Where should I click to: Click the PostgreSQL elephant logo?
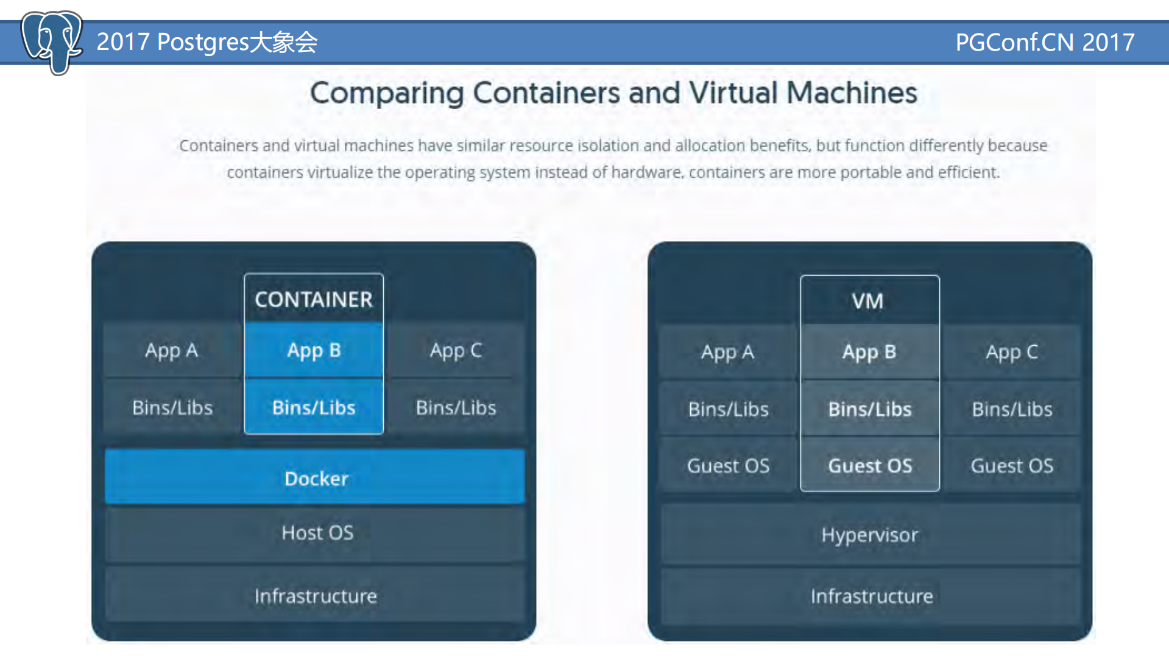point(51,41)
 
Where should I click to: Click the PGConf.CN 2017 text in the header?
point(1044,42)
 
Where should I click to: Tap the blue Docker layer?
point(315,478)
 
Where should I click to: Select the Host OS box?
point(316,533)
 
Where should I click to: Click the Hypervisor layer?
point(869,535)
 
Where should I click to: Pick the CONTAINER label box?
point(314,299)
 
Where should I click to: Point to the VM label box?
point(869,301)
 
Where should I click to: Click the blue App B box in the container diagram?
point(314,351)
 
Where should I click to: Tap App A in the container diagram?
point(172,351)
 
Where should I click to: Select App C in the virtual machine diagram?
point(1011,352)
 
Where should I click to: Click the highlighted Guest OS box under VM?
point(869,466)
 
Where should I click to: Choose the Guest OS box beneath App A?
point(728,466)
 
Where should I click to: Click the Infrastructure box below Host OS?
point(315,596)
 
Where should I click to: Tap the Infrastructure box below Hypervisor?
point(871,596)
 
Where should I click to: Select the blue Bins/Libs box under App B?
point(314,407)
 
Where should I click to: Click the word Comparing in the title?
point(387,93)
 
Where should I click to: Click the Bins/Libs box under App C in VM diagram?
point(1011,409)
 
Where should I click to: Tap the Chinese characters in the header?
point(284,42)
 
